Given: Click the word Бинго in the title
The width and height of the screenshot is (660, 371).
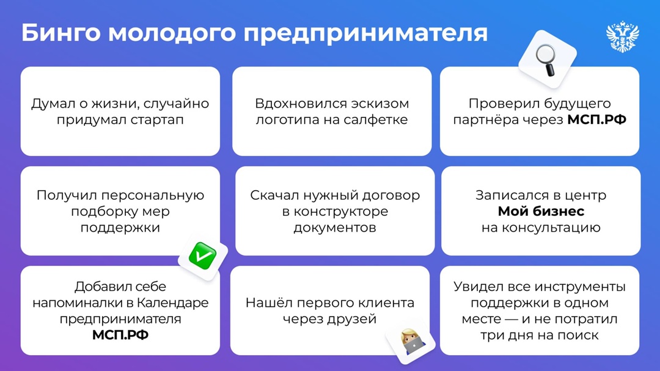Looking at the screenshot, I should tap(59, 33).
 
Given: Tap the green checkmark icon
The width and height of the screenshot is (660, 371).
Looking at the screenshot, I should tap(202, 255).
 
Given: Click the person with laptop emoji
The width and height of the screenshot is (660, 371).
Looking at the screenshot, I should tap(410, 342).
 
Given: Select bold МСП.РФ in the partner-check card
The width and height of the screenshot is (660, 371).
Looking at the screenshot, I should tap(596, 120).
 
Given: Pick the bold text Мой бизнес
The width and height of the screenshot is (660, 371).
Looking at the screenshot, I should tap(541, 211).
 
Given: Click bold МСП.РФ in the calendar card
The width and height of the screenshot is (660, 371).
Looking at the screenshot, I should tap(120, 335).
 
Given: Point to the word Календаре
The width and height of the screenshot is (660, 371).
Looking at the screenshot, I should tap(173, 303).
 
